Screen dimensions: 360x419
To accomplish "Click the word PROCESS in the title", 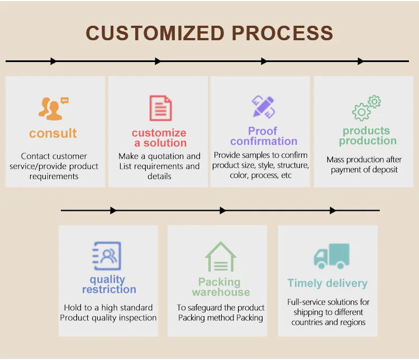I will tap(282, 33).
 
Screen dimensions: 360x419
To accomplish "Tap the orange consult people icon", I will tap(53, 109).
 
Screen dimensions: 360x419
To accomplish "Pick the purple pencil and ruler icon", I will tap(263, 107).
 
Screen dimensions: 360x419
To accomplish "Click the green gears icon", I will tap(366, 108).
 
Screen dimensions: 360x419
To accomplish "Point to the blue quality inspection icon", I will tap(107, 256).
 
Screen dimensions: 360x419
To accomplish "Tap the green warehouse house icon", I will tap(220, 257).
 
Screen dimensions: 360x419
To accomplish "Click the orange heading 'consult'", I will tap(53, 134).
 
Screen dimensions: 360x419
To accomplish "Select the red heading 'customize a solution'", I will tap(159, 138).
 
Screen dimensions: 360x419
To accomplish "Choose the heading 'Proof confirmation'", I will tap(263, 136).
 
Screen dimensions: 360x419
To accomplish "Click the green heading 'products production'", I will tap(367, 136).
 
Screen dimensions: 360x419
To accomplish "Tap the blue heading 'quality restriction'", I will tap(108, 285).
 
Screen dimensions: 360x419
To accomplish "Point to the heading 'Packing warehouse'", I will tap(220, 287).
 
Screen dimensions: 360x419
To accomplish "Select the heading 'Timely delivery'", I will tap(327, 283).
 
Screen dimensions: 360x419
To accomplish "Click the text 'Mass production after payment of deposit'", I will tap(364, 164).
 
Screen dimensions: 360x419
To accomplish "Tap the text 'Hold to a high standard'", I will tap(108, 307).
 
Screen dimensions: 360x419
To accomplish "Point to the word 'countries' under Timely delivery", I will tap(309, 322).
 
